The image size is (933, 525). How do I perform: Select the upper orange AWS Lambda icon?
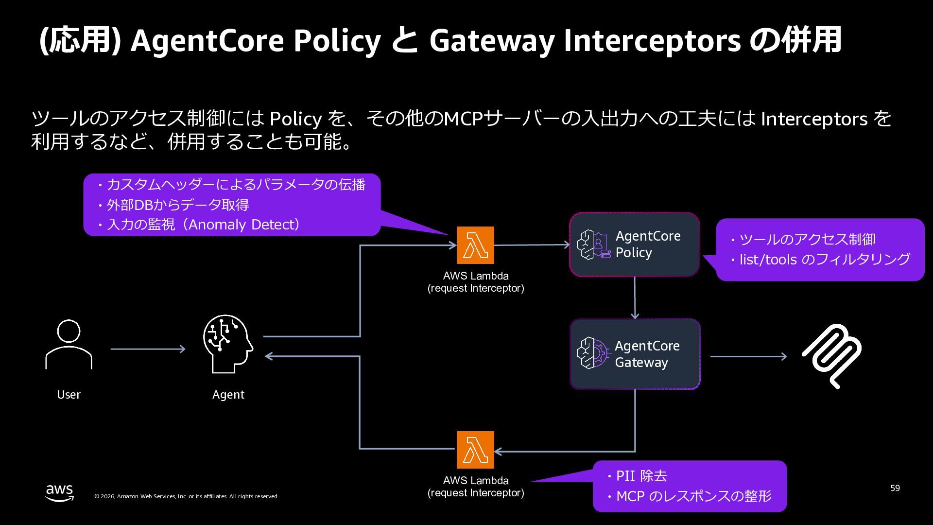[475, 245]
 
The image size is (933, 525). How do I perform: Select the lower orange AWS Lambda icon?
[475, 450]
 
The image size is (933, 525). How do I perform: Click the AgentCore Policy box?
[634, 245]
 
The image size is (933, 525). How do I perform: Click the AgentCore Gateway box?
[635, 354]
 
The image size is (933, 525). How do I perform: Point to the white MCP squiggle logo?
[831, 356]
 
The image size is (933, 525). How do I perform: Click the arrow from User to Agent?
[148, 349]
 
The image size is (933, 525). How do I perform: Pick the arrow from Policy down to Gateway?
[635, 297]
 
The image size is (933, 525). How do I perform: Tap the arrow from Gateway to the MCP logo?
[748, 356]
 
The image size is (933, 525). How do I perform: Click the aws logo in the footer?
[60, 492]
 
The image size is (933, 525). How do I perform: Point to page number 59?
[895, 488]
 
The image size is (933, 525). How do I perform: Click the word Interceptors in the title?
[652, 40]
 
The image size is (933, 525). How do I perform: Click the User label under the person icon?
[69, 395]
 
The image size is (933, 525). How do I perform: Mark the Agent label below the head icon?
[228, 395]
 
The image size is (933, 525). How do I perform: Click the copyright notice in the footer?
[186, 496]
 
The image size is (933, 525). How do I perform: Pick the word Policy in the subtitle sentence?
[295, 119]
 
